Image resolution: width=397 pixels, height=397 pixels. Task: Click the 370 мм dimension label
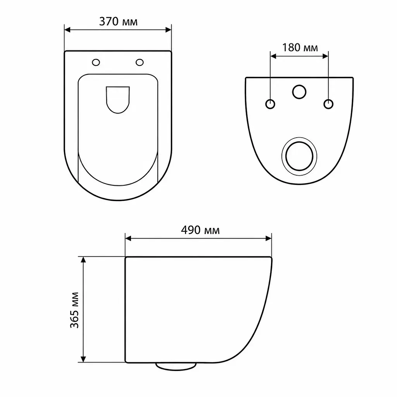[x=118, y=22]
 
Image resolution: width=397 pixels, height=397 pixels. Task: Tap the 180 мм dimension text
[x=300, y=48]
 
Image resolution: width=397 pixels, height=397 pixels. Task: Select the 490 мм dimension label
[x=200, y=230]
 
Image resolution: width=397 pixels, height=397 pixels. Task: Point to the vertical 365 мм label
[x=74, y=310]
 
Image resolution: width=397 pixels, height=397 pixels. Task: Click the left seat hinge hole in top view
[x=96, y=62]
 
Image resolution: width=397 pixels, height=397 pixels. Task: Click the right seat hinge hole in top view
[x=140, y=62]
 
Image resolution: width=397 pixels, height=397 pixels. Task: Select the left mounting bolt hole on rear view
[x=270, y=104]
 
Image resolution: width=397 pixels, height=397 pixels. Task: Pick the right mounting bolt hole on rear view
[x=328, y=104]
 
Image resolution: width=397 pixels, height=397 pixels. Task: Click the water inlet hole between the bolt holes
[x=299, y=91]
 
